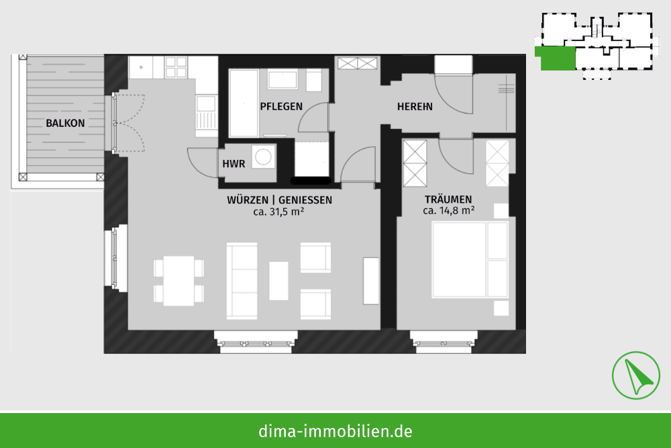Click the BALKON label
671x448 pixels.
[x=65, y=124]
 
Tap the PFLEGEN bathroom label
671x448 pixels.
[x=281, y=106]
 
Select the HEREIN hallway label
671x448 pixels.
[x=415, y=106]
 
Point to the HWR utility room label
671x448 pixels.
[x=234, y=164]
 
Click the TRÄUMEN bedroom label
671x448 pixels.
[x=448, y=199]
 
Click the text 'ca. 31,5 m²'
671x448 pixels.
[x=278, y=211]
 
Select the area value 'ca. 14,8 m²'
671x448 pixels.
[x=448, y=210]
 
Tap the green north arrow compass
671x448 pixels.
[x=635, y=375]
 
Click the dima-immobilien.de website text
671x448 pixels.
[x=335, y=431]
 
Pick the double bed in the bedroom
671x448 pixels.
[x=470, y=259]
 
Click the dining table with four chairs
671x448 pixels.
[x=179, y=281]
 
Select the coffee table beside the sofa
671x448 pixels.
[x=278, y=281]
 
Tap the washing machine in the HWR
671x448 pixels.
[x=263, y=156]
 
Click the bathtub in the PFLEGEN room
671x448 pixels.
[x=244, y=103]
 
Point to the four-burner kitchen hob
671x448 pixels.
[x=176, y=67]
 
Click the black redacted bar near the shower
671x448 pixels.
[x=311, y=181]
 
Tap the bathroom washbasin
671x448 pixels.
[x=282, y=80]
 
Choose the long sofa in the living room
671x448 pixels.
[x=242, y=281]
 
